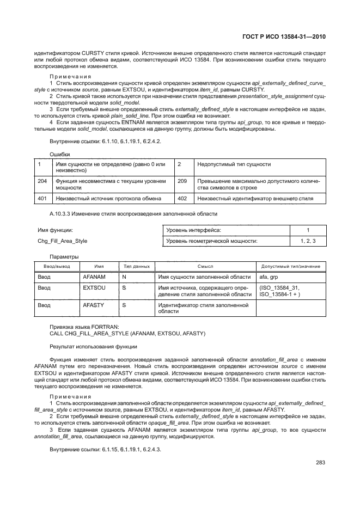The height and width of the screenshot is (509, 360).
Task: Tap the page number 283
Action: point(320,463)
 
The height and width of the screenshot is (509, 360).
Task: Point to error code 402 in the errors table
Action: point(182,199)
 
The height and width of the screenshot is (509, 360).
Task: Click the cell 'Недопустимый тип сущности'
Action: point(234,164)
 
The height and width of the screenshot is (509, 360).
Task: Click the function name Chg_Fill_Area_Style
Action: point(63,241)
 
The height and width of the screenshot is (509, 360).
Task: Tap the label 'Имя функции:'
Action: point(56,231)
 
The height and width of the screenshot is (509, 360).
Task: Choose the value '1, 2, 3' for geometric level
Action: point(308,240)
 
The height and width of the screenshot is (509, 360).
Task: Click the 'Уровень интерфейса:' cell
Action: point(193,230)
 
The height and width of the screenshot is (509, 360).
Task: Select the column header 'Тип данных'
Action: point(134,266)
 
